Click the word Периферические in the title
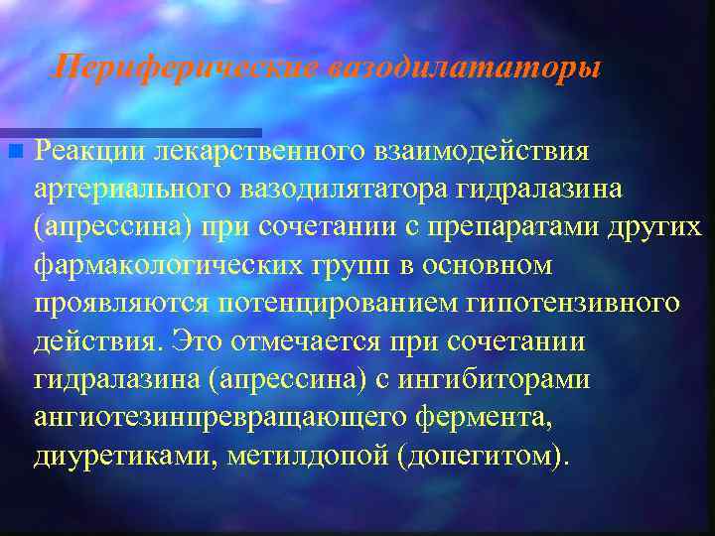(185, 67)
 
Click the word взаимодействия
(482, 151)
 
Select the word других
(657, 226)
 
